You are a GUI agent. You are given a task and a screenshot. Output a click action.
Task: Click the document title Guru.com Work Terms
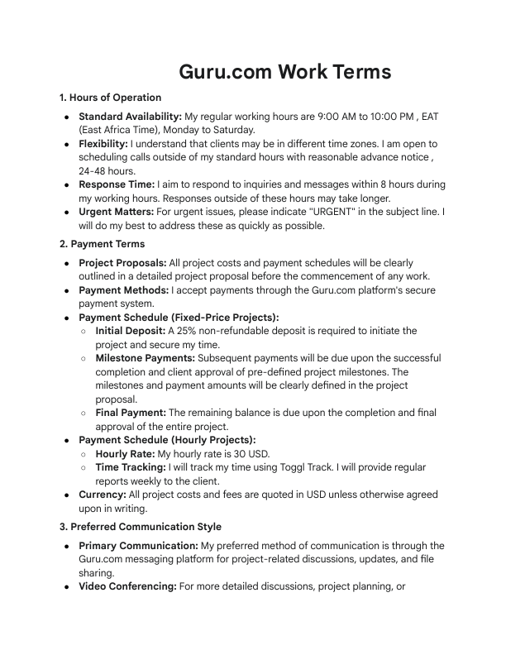285,72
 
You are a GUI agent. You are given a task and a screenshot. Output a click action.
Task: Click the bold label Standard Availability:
130,117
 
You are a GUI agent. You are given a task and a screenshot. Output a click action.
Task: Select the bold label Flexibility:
103,144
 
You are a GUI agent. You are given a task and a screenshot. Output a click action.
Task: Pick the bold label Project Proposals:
122,263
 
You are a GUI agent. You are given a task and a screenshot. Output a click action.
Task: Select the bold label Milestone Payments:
146,358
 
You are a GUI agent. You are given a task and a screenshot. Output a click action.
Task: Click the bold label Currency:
103,495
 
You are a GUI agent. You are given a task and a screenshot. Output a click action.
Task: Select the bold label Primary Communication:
138,546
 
